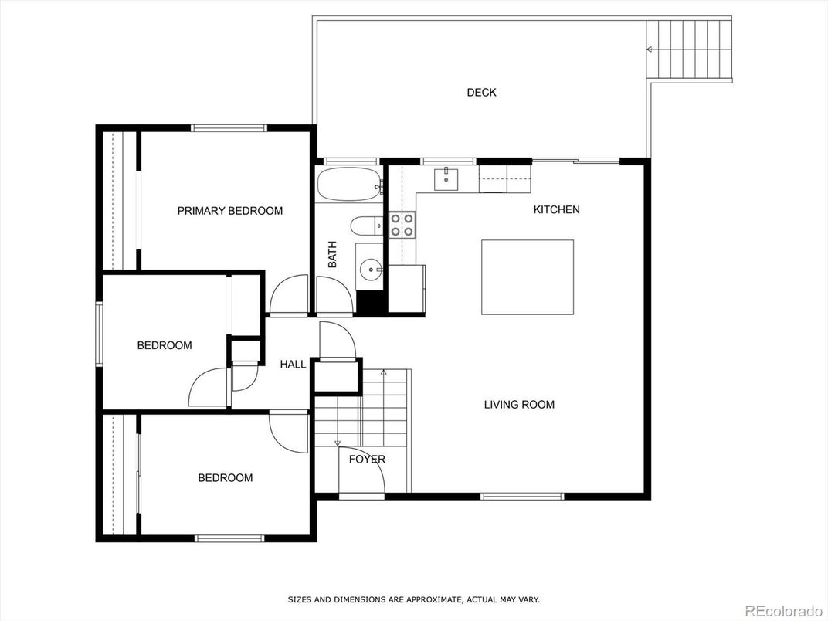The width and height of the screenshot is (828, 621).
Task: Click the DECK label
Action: pos(481,93)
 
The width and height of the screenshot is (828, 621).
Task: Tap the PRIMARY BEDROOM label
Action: pos(229,211)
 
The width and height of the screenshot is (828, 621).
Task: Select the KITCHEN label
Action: pos(557,209)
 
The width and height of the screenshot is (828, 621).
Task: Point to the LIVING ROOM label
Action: pos(519,405)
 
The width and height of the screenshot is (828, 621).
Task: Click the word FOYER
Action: pos(367,460)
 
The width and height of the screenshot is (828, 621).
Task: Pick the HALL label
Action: pos(293,365)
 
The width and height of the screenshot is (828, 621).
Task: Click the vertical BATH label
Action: pos(332,254)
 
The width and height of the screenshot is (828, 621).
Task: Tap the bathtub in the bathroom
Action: pos(349,184)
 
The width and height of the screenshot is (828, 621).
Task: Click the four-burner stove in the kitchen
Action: pos(402,225)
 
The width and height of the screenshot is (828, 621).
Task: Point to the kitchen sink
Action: pos(446,178)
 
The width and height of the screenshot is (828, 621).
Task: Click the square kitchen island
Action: pos(527,277)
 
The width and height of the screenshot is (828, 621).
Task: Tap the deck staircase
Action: pos(689,49)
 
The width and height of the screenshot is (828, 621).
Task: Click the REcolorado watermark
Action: pos(784,611)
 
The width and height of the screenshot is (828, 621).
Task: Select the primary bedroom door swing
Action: pos(289,295)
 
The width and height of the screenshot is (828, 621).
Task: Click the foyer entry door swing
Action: pos(362,470)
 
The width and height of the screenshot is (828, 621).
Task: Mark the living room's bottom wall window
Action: pos(522,497)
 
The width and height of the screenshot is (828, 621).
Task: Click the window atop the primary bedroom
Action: pos(229,127)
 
